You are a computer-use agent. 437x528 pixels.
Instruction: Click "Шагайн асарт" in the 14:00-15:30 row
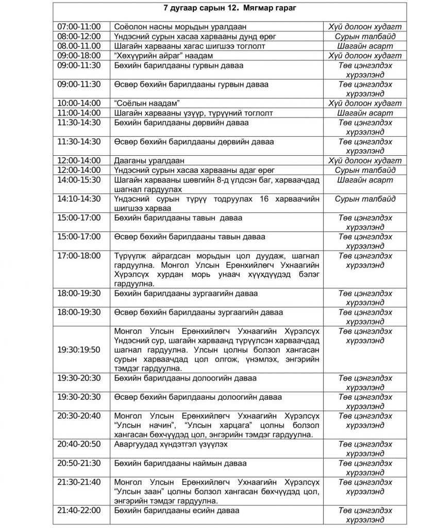pyautogui.click(x=365, y=180)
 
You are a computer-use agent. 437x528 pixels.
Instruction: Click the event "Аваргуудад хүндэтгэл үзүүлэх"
pyautogui.click(x=171, y=444)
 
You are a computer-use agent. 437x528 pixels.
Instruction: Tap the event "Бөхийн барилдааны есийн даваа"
pyautogui.click(x=177, y=510)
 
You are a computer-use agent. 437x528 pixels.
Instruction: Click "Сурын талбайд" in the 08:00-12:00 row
pyautogui.click(x=365, y=37)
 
